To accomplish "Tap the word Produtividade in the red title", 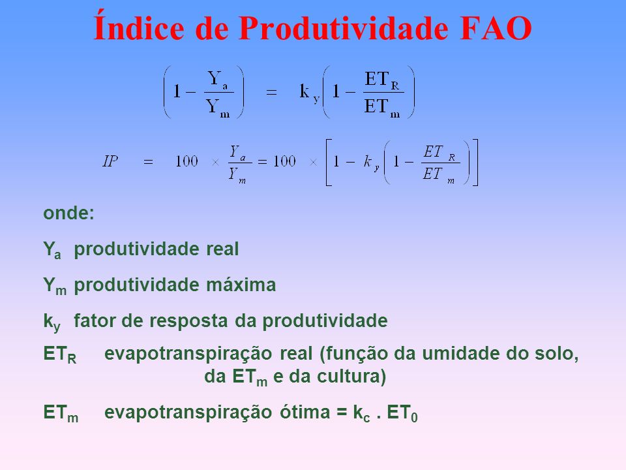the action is (344, 28).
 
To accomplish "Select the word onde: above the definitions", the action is (68, 213).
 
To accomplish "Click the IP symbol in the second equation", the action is (110, 161).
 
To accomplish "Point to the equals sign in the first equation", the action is (271, 92).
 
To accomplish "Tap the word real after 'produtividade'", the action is (222, 249).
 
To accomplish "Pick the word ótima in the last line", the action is (305, 412).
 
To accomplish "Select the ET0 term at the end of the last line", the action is (402, 413).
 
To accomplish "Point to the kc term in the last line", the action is (362, 413).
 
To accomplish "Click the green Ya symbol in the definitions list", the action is (52, 250).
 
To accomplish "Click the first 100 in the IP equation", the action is (186, 161).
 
